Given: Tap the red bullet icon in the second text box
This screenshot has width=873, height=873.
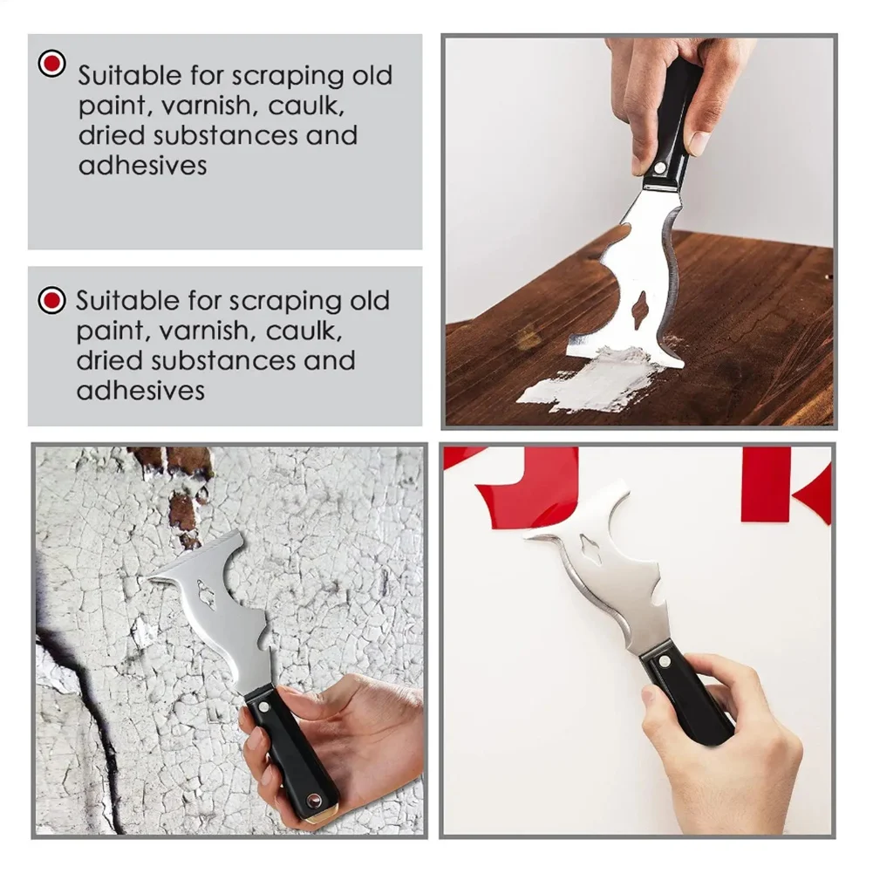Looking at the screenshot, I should point(52,302).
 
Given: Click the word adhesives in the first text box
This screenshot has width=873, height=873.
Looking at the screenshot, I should point(143,166).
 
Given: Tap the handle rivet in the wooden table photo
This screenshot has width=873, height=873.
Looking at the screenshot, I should point(660,167).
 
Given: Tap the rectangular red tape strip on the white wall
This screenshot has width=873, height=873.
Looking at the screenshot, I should point(765,484).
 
